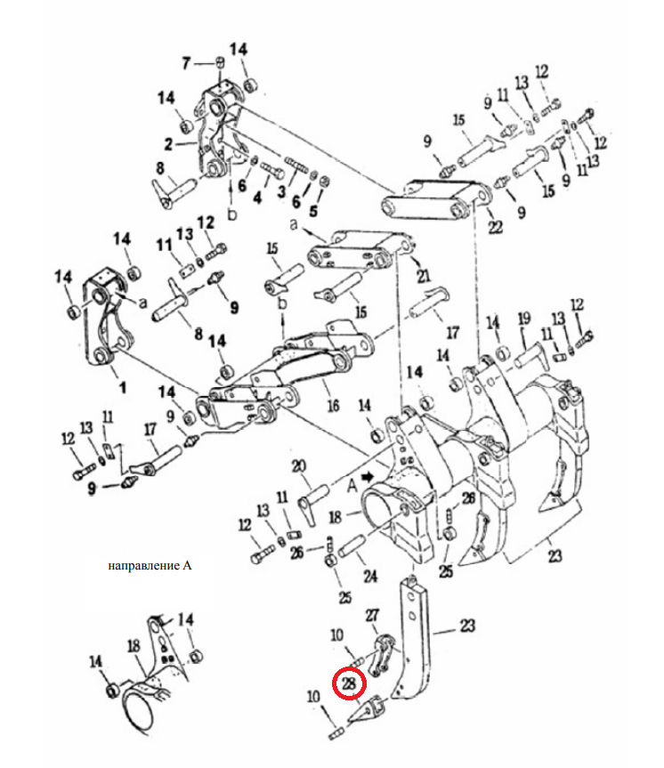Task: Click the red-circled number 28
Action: pos(348,683)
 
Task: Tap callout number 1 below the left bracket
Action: pos(123,388)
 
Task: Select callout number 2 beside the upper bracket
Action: pos(168,144)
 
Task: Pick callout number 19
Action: pos(524,319)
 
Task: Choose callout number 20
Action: pos(299,465)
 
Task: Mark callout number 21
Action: pos(424,275)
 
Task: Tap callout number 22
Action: pos(496,227)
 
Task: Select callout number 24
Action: pos(370,576)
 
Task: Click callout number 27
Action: pos(372,615)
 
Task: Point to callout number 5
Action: pos(313,211)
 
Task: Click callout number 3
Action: pos(281,191)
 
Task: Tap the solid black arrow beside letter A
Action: pos(368,477)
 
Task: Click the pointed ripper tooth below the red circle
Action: pos(367,710)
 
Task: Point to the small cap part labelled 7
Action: pos(220,62)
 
